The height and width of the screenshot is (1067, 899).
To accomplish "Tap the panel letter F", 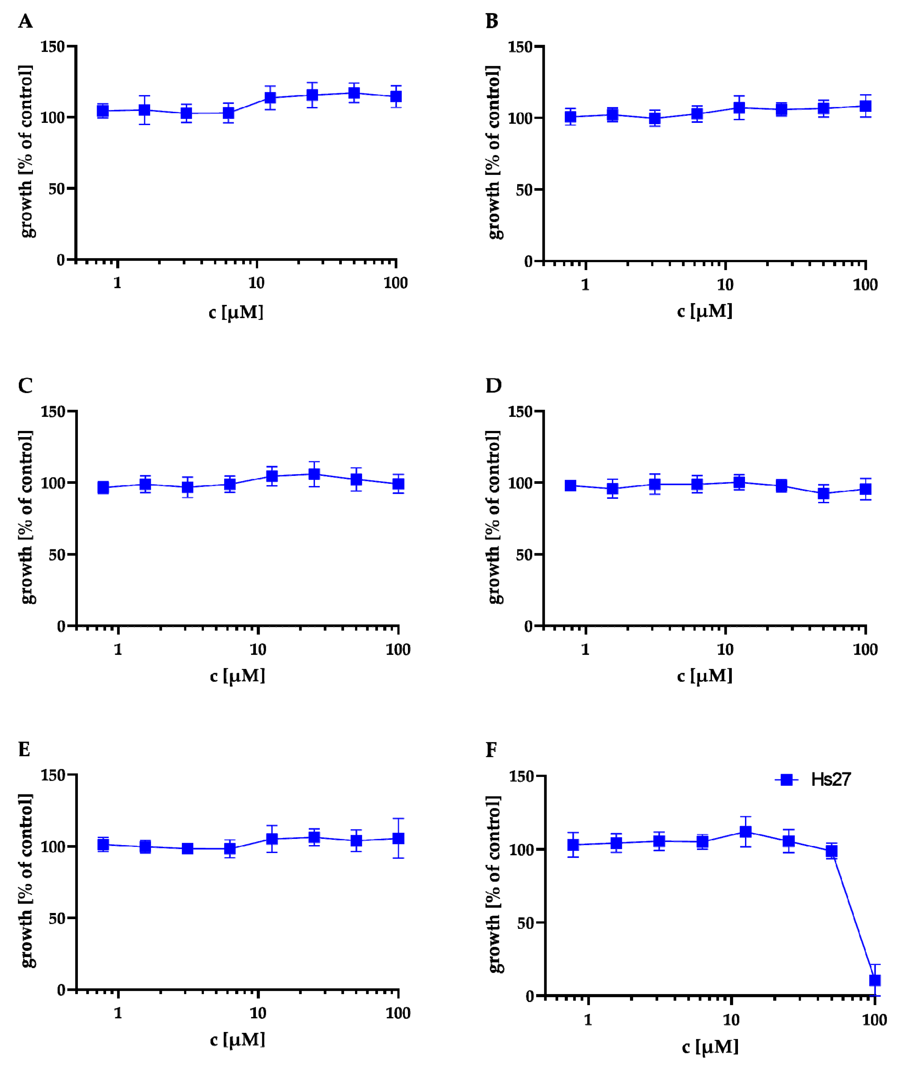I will (491, 750).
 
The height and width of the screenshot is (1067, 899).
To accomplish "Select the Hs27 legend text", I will (831, 780).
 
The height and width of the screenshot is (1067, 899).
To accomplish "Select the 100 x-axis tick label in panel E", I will (398, 1013).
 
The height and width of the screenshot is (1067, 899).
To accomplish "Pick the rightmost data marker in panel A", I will (396, 96).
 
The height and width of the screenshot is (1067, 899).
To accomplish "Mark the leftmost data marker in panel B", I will (570, 117).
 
